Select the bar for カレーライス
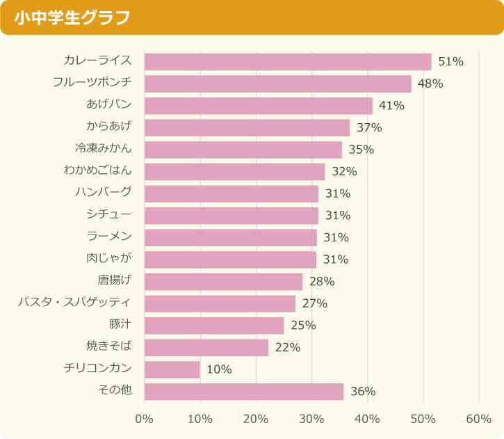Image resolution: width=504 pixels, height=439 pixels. tap(288, 62)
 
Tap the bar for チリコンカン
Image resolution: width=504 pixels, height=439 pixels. tap(172, 369)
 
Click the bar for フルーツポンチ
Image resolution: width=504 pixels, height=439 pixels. tap(278, 84)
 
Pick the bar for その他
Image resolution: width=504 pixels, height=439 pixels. tap(244, 392)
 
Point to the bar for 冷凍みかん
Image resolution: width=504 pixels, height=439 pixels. tap(243, 150)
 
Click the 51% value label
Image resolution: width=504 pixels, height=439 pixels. tap(450, 62)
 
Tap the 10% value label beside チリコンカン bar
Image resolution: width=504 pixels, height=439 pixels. tap(219, 369)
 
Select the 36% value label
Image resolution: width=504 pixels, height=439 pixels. tap(363, 392)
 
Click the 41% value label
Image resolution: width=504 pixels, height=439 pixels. tap(391, 106)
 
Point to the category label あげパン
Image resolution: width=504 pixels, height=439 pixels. tap(109, 105)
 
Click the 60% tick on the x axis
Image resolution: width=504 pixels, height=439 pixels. tap(478, 419)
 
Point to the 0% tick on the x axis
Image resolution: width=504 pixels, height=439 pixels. tap(144, 419)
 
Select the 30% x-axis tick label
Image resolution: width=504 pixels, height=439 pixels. tap(311, 419)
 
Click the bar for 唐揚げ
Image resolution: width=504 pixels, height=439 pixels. tap(223, 282)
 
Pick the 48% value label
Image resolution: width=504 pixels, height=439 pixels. tap(430, 84)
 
